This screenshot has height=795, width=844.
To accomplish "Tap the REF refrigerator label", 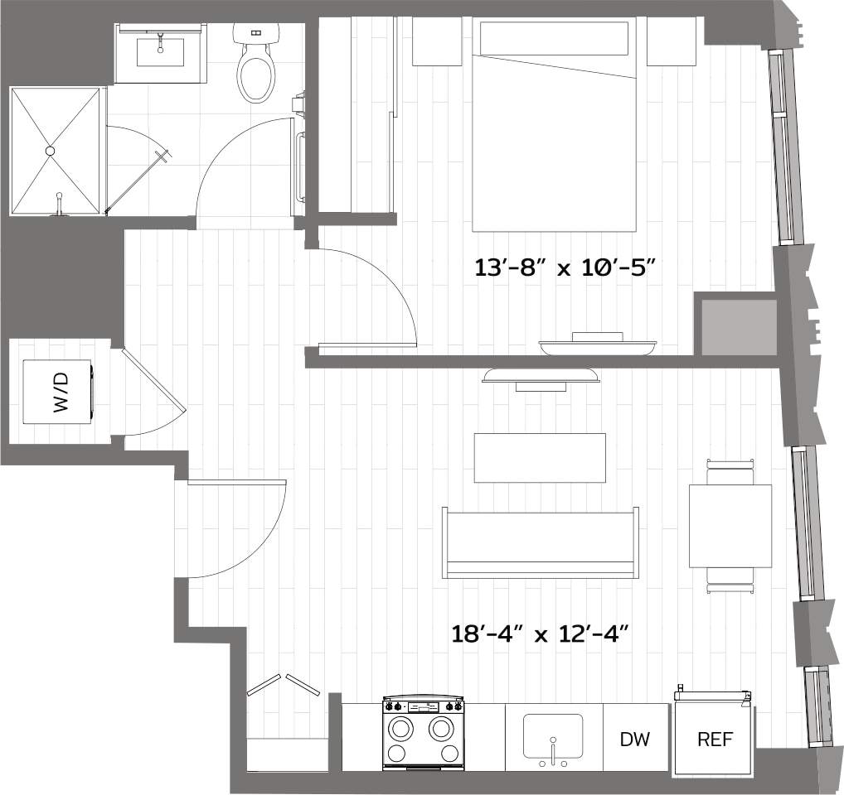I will tap(715, 739).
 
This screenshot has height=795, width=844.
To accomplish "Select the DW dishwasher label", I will tap(635, 739).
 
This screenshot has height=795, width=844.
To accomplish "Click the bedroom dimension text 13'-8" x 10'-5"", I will tap(570, 267).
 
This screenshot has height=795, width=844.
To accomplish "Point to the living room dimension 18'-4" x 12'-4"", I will tap(541, 635).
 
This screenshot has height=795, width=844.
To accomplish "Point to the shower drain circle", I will tap(51, 151).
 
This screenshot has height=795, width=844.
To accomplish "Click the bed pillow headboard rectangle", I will tap(554, 38).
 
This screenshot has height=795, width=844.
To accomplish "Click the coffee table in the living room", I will tap(540, 457).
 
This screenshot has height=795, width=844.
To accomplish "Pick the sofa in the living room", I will tap(541, 543).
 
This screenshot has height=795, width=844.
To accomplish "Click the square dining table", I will tap(730, 526).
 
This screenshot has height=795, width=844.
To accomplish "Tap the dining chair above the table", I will tap(730, 470).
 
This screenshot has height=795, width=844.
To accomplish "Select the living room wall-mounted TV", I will tap(541, 377).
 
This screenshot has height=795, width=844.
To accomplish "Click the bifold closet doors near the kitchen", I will tap(284, 684).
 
